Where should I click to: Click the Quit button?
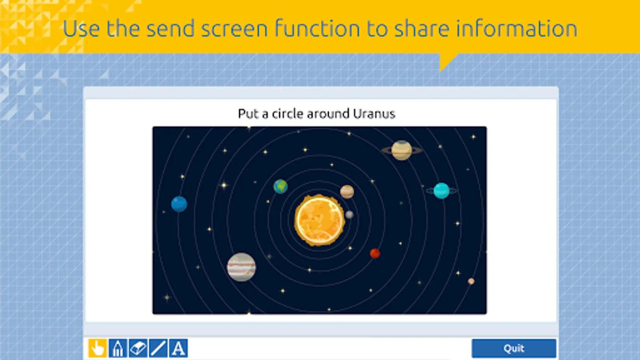[514, 348]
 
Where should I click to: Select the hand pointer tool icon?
[98, 348]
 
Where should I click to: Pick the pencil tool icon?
[118, 348]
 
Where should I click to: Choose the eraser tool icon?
[138, 348]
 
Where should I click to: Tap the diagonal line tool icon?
[158, 348]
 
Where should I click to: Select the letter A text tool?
[178, 348]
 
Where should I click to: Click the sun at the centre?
[320, 220]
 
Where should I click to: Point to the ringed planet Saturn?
[402, 150]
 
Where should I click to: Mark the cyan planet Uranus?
[442, 190]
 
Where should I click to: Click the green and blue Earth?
[280, 186]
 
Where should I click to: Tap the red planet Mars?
[375, 254]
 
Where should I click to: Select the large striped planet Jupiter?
[242, 267]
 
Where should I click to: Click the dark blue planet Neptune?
[179, 204]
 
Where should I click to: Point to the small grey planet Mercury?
[349, 214]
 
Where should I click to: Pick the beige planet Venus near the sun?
[347, 192]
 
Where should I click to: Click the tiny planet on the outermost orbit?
[471, 282]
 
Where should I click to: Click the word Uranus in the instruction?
[374, 114]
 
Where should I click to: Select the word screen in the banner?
[234, 28]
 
